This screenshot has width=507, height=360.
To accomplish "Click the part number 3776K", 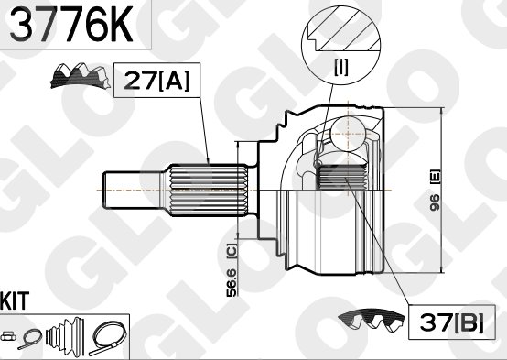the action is click(x=71, y=24).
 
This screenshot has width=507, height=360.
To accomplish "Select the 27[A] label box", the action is click(x=156, y=81).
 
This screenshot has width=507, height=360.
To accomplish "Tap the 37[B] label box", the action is click(x=452, y=322).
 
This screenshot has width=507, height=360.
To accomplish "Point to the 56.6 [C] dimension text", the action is click(x=232, y=269).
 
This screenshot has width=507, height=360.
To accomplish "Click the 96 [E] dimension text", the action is click(x=436, y=191).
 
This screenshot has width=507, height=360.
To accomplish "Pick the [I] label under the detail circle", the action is click(x=341, y=68).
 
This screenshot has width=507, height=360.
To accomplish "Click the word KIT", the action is click(x=15, y=301).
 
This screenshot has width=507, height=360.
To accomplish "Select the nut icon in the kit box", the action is click(x=8, y=336).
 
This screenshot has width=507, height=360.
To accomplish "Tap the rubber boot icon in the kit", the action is click(x=65, y=337).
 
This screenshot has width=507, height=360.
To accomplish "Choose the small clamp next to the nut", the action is click(x=30, y=339).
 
